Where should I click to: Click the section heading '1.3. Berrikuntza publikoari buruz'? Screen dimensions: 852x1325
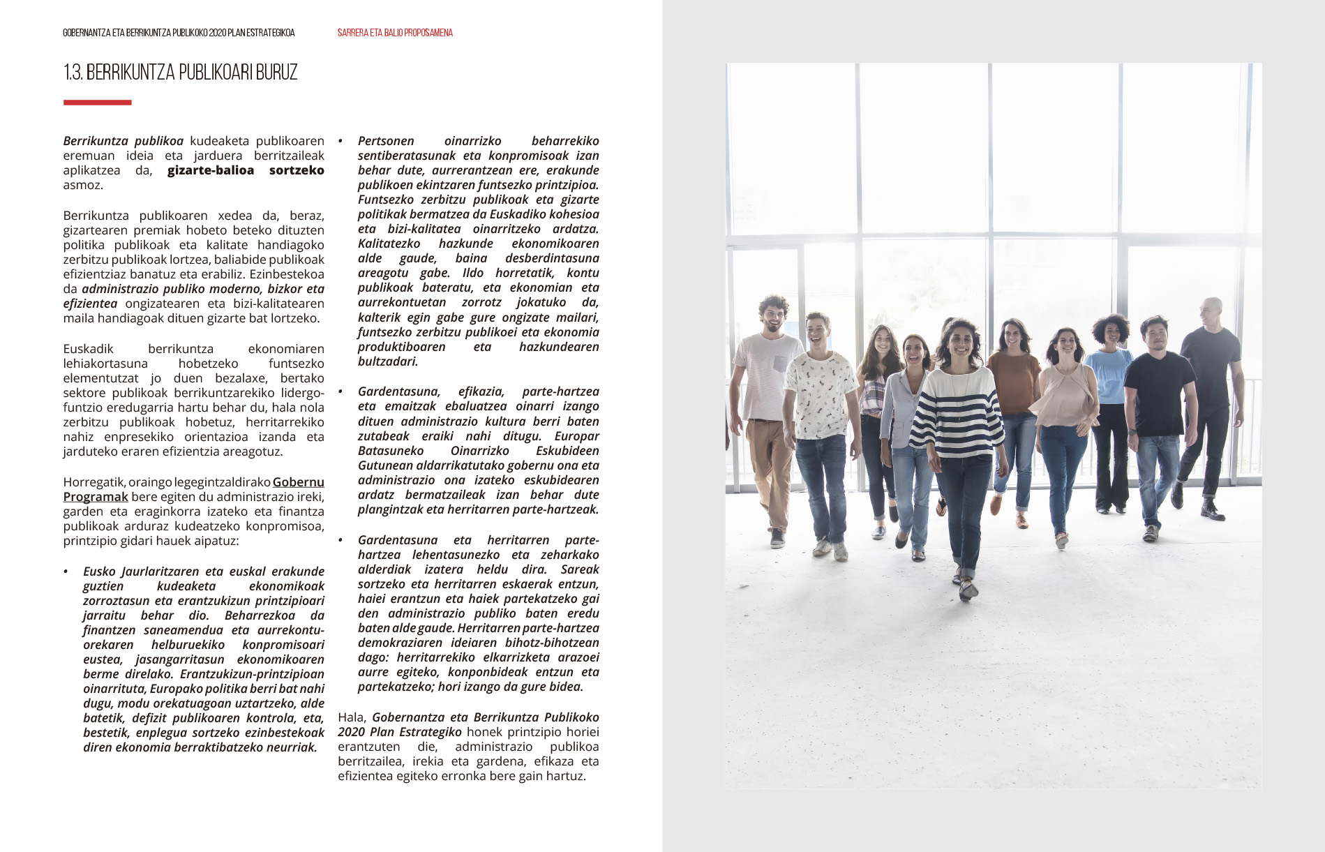[180, 73]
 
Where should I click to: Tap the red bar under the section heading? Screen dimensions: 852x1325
[97, 103]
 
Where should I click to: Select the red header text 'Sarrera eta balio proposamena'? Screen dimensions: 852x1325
[395, 33]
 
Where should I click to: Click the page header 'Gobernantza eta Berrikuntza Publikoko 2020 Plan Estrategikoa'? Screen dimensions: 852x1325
[179, 33]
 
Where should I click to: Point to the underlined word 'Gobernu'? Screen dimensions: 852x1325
[298, 482]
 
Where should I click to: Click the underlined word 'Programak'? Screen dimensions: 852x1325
[96, 497]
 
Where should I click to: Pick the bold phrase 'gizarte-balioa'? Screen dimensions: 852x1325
[211, 170]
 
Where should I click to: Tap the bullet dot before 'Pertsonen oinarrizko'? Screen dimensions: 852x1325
[341, 142]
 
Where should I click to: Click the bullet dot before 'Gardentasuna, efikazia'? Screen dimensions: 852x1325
[341, 392]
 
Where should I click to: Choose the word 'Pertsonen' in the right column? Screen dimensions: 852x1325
[386, 141]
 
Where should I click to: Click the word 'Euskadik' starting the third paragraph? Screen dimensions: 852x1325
[88, 349]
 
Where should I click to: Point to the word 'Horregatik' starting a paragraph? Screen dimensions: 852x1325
[94, 482]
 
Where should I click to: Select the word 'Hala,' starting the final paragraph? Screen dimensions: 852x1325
[352, 717]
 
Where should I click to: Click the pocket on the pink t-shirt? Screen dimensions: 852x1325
[779, 364]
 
